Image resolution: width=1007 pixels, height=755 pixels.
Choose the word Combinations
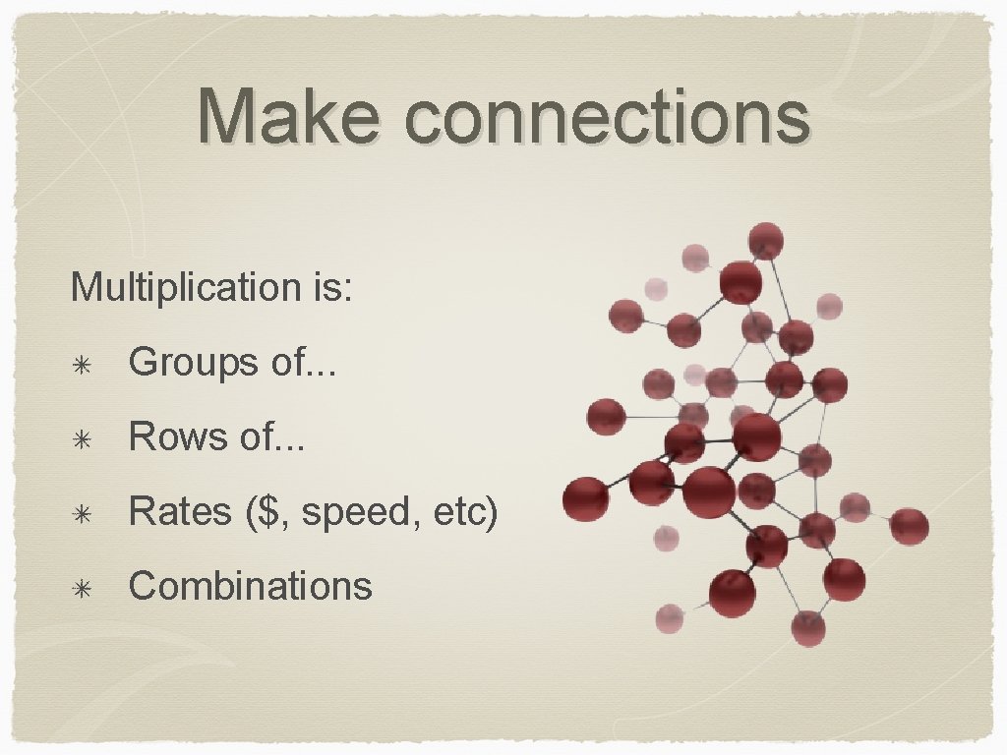point(251,586)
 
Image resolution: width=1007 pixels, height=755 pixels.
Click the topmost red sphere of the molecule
point(765,241)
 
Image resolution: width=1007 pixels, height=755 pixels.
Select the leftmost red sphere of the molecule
point(586,498)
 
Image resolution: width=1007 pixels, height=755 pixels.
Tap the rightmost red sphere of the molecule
point(909,526)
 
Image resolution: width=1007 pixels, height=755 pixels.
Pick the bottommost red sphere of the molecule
point(808,628)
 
